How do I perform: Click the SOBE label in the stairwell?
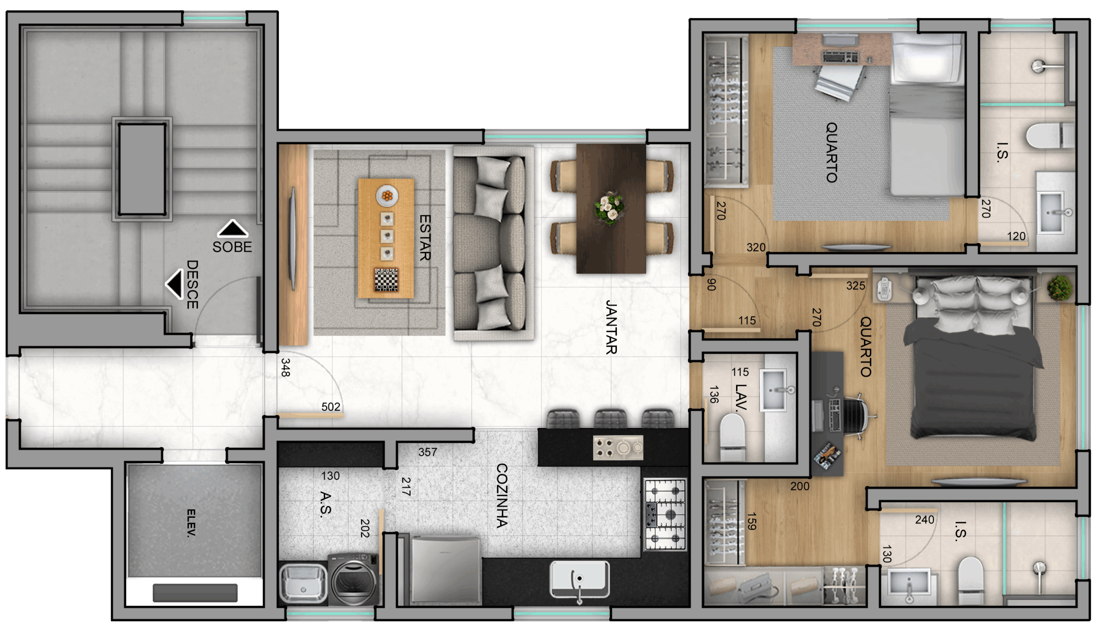coord(232,247)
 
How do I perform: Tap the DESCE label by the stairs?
coord(192,284)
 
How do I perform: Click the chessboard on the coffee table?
coord(386,280)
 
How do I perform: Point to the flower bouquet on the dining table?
coord(610,208)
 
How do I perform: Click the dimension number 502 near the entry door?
coord(331,407)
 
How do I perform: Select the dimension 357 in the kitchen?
coord(427,452)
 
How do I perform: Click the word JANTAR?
coord(611,327)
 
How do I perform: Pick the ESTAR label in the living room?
coord(424,237)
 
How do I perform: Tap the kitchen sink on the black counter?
coord(579,580)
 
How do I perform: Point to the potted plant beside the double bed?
coord(1059,287)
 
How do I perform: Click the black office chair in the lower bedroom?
coord(854,417)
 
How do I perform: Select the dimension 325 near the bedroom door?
coord(855,286)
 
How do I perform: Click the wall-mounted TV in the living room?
coord(293,239)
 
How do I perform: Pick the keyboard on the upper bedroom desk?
coord(840,57)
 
